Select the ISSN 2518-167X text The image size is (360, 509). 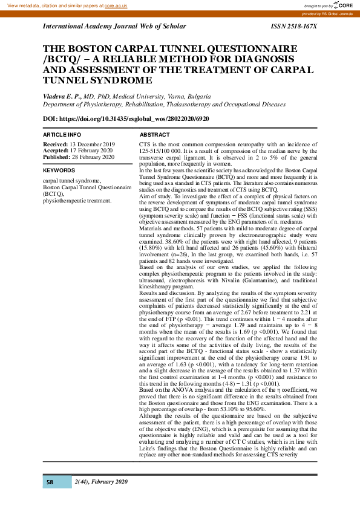point(294,27)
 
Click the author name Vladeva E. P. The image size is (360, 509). point(61,96)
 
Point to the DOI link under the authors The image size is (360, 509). point(126,118)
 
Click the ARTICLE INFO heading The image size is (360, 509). point(62,134)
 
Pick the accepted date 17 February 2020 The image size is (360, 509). point(92,151)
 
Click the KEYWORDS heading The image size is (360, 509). point(59,170)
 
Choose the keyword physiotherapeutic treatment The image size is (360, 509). point(77,199)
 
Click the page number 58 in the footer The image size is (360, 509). point(50,482)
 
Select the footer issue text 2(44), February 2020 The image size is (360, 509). point(101,481)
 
